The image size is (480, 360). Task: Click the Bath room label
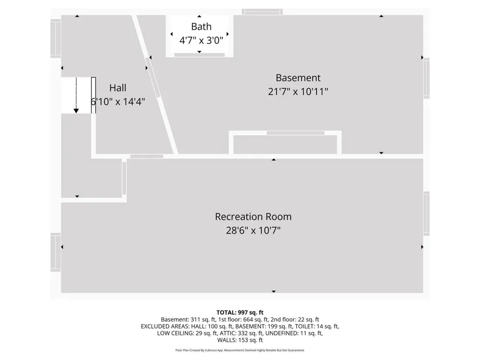click(201, 26)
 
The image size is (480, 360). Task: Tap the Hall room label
click(118, 88)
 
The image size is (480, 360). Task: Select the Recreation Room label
click(253, 217)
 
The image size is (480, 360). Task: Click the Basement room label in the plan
click(298, 78)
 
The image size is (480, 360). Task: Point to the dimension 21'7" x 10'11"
click(298, 92)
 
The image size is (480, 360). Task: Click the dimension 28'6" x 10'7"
click(253, 230)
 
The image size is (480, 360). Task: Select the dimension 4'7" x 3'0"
click(201, 40)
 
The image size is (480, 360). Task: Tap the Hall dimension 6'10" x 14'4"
click(118, 102)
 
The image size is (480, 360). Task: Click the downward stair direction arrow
click(76, 96)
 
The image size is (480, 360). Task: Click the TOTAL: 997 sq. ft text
click(240, 312)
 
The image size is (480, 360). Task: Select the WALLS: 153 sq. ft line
click(240, 340)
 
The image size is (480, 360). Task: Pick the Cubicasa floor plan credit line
click(240, 350)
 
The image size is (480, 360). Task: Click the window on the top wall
click(263, 12)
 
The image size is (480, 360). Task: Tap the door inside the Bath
click(199, 55)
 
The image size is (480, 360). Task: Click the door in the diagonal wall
click(153, 77)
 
